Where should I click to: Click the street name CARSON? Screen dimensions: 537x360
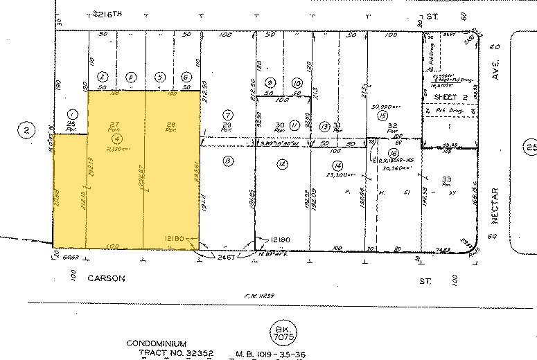pos(106,278)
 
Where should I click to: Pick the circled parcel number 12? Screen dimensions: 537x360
pos(281,163)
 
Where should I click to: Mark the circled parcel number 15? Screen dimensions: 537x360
pos(382,116)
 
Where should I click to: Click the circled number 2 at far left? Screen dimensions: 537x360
pos(26,129)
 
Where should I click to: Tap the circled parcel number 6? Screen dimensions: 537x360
pos(186,78)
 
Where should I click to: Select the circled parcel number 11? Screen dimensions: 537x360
pos(294,125)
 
